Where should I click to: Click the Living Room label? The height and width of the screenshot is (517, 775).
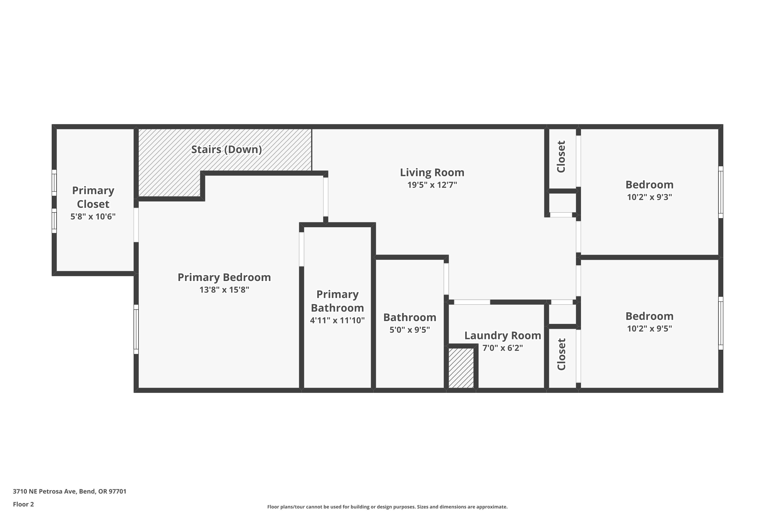pos(432,172)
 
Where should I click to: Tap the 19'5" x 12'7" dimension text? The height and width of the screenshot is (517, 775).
pos(432,185)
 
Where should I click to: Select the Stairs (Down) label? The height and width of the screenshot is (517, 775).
pos(226,150)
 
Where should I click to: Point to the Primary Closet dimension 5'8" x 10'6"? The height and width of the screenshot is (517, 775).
pos(93,217)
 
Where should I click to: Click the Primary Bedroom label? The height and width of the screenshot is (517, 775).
pos(224,277)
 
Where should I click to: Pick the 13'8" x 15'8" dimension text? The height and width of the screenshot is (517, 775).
pos(224,290)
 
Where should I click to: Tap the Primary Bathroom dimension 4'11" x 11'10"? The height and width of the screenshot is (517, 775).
pos(337,320)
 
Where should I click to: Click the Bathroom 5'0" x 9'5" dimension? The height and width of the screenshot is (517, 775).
pos(409,330)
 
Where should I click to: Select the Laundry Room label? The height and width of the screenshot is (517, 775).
pos(502,336)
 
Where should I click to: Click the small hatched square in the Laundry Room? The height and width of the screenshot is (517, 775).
pos(461,368)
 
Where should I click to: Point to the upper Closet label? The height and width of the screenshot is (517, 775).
pos(561,156)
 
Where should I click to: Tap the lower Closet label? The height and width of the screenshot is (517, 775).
pos(561,354)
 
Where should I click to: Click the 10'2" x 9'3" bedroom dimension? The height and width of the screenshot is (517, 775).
pos(649,197)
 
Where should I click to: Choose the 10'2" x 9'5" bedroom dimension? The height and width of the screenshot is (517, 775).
pos(649,329)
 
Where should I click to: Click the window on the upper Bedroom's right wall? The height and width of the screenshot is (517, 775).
pos(721,192)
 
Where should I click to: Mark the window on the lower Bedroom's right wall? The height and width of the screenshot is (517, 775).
pos(721,323)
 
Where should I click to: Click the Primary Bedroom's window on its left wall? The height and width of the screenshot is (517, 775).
pos(136,329)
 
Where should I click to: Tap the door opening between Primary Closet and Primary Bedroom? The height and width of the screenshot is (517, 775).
pos(136,225)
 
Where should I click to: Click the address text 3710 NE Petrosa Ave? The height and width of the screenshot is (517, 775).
pos(69,491)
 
